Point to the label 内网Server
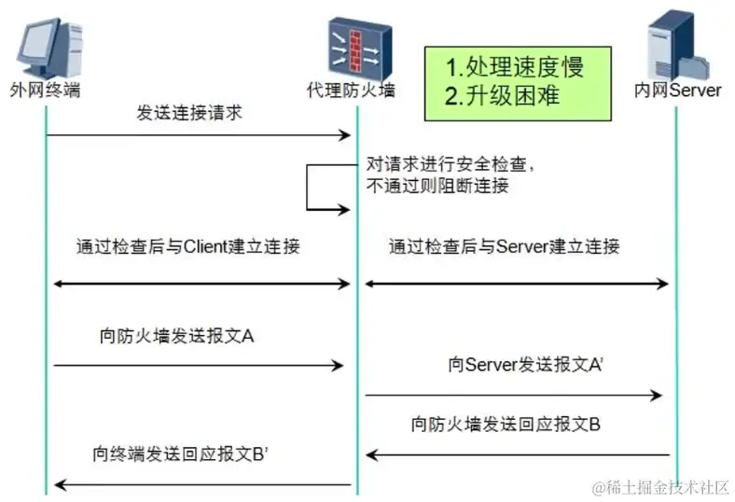click(x=678, y=91)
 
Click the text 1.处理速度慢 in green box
click(x=516, y=67)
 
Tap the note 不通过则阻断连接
click(x=437, y=185)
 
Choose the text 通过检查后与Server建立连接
click(x=504, y=247)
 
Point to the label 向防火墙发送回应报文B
click(x=506, y=425)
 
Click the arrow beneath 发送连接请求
click(x=199, y=136)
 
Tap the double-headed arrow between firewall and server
click(x=516, y=283)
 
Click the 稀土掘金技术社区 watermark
click(x=659, y=486)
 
